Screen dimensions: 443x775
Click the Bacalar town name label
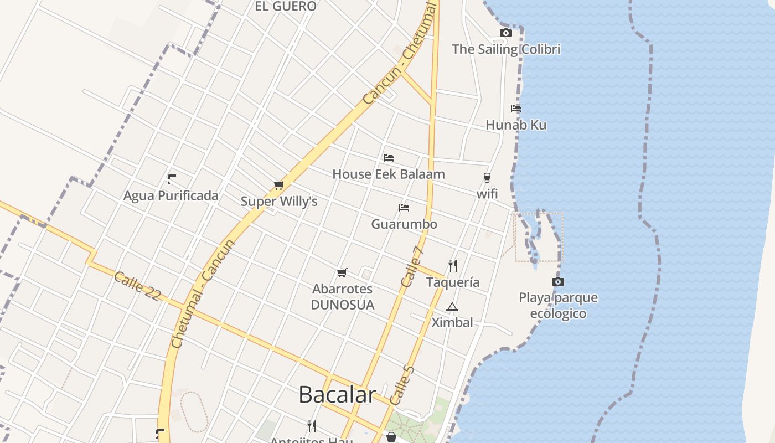[x=337, y=394]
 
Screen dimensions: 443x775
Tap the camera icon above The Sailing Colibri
[x=505, y=33]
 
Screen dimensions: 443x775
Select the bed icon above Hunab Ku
[x=516, y=109]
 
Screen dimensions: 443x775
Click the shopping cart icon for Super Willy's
[x=278, y=185]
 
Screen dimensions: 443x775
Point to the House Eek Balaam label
[x=388, y=174]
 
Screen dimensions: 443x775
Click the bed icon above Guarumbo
[x=404, y=208]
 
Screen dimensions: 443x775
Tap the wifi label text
[x=487, y=194]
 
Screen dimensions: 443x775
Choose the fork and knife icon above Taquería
[x=453, y=266]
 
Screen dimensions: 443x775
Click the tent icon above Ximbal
[x=452, y=307]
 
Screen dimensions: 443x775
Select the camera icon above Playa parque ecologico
[x=558, y=282]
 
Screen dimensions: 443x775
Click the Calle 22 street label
[x=137, y=286]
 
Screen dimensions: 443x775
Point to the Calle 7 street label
[x=412, y=266]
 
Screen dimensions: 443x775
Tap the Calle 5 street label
[x=402, y=384]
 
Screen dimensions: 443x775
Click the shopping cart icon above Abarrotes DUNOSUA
[x=342, y=272]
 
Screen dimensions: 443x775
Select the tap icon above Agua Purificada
[x=171, y=179]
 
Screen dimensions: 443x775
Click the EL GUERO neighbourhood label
[x=285, y=7]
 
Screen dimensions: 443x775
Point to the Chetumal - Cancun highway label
[x=203, y=293]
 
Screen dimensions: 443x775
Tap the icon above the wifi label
[x=487, y=178]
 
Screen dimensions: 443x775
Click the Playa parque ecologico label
[x=558, y=306]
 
